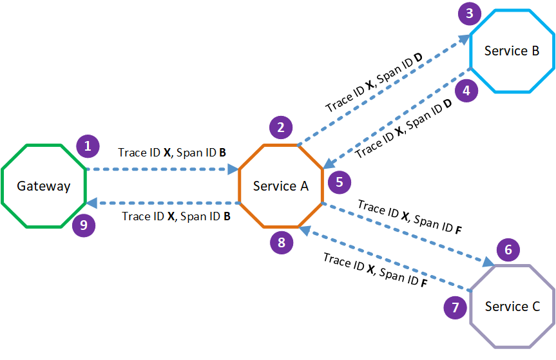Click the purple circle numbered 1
[88, 146]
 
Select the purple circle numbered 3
[470, 13]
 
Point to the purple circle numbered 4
[466, 90]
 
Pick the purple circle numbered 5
[339, 182]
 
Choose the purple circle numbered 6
[508, 249]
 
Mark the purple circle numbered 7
[455, 307]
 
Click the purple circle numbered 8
[281, 242]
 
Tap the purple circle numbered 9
[83, 226]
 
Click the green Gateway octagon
[44, 186]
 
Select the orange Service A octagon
[280, 186]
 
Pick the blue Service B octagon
[512, 51]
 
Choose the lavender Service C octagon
[512, 307]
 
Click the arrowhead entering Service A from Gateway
[234, 169]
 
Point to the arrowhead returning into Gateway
[91, 203]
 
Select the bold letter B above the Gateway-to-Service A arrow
[222, 154]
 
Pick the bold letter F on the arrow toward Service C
[458, 228]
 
